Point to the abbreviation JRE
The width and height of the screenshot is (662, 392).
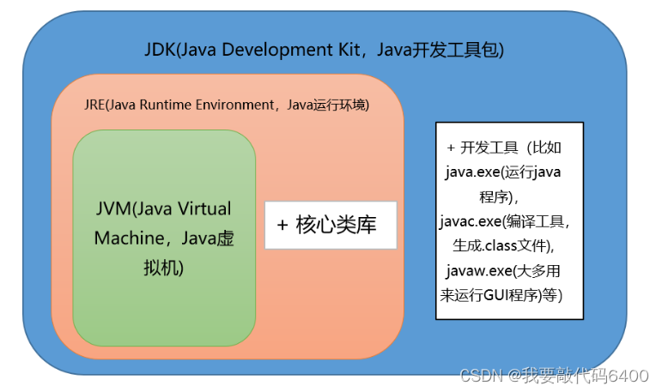pos(94,106)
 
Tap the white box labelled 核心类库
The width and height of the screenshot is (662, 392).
pos(331,226)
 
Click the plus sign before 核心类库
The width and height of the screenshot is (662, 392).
pos(282,226)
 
